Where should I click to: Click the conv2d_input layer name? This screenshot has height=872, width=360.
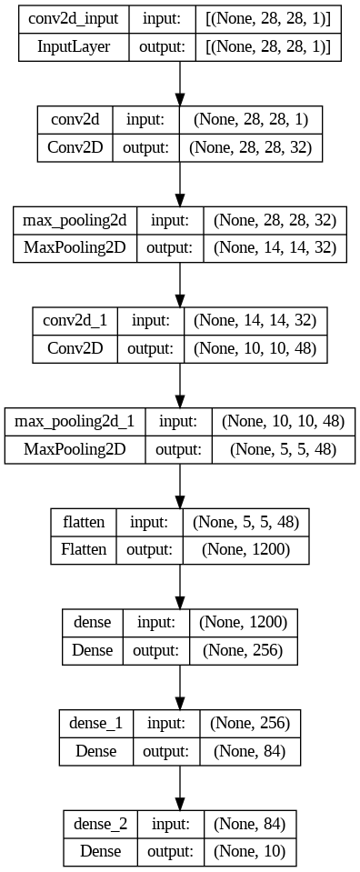[74, 18]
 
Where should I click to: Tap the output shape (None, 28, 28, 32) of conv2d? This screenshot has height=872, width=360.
[250, 147]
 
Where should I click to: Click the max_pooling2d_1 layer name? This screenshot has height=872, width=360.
[75, 422]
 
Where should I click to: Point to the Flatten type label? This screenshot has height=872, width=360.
[84, 550]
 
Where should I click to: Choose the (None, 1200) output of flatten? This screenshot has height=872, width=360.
[245, 550]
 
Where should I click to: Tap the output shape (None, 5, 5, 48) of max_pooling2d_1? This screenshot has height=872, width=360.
[284, 449]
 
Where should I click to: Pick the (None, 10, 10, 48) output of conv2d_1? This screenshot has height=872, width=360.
[255, 348]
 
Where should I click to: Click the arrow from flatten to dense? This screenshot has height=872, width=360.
[180, 586]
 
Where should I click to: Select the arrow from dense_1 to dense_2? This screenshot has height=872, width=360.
[180, 787]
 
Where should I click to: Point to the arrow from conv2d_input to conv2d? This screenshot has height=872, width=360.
[180, 84]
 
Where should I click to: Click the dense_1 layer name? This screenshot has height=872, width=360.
[96, 723]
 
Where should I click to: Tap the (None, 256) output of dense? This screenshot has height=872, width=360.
[243, 650]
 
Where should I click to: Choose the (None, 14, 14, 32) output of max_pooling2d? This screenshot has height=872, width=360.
[275, 248]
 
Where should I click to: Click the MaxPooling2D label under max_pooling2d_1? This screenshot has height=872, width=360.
[75, 449]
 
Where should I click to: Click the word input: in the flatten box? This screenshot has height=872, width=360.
[148, 522]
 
